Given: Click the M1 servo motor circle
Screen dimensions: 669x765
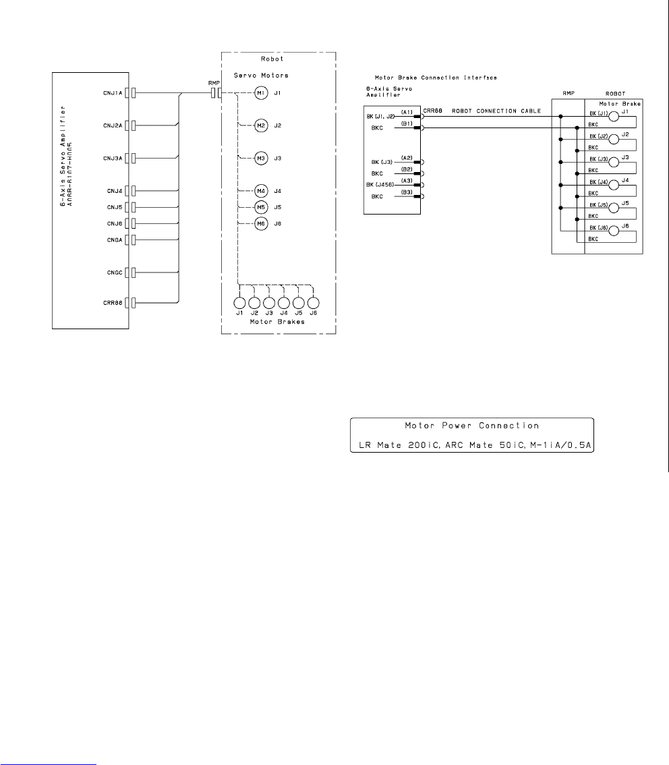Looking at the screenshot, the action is [261, 92].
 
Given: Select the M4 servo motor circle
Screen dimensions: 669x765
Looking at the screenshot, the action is [261, 191].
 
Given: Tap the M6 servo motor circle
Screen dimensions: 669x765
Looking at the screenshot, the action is [261, 224].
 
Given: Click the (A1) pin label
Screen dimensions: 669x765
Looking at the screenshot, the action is [407, 111].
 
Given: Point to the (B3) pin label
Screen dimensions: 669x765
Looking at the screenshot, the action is [407, 192].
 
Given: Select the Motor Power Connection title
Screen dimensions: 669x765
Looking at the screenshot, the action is [471, 426].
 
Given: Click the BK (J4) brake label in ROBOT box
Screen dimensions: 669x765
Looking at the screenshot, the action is [598, 182].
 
